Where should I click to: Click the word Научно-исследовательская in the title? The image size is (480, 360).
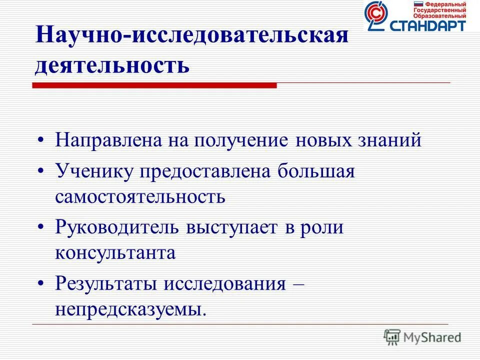(x=191, y=38)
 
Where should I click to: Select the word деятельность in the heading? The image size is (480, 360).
(x=112, y=65)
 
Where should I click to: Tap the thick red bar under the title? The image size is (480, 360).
(x=155, y=85)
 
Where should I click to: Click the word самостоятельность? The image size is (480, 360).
(x=140, y=196)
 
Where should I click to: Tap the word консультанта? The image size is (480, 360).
(x=115, y=252)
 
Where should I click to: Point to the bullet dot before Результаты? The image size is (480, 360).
(x=42, y=284)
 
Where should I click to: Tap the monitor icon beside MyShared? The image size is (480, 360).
(x=392, y=337)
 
